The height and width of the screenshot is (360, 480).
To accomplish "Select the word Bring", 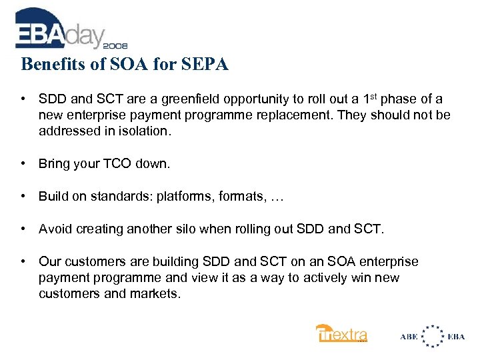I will coord(54,163).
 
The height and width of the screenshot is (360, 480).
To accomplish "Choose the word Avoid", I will coord(55,229).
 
